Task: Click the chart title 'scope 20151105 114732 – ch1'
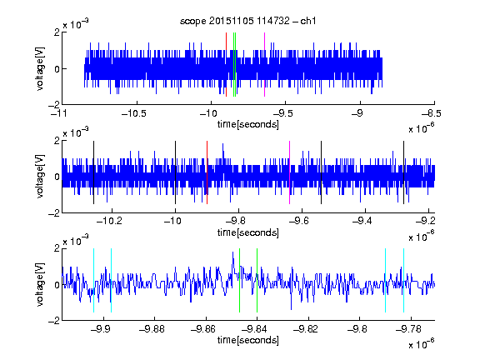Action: click(247, 21)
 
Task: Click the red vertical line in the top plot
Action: click(226, 65)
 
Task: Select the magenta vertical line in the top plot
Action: click(264, 65)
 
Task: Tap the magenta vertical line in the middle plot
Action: click(290, 172)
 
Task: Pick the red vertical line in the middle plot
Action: click(207, 172)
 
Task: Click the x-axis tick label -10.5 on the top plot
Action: click(134, 113)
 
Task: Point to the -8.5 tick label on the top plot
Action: click(432, 113)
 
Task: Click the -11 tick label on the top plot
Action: click(58, 113)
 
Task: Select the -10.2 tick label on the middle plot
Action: click(109, 221)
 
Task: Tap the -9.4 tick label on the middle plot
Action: click(362, 221)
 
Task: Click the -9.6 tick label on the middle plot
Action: click(299, 221)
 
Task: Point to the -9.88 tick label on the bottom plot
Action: click(152, 329)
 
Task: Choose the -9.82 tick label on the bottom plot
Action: click(306, 329)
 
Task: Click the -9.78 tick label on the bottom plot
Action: click(408, 329)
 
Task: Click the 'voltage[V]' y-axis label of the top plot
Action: click(40, 68)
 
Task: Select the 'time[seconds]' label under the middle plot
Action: click(248, 232)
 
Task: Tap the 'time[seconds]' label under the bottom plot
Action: click(248, 340)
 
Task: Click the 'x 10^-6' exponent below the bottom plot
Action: click(421, 344)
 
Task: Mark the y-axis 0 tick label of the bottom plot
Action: click(57, 285)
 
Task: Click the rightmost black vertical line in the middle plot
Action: click(403, 172)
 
